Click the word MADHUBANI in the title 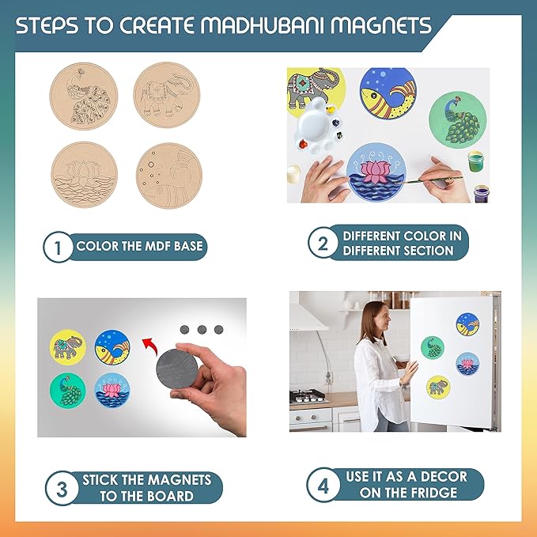coord(262,25)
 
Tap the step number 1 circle coord(58,247)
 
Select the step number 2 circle coord(323,243)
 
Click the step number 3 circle coord(62,488)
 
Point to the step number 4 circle coord(323,485)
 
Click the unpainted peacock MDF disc coord(84,96)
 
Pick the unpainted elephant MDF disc coord(167,95)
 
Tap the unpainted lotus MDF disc coord(85,175)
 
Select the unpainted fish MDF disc coord(169,176)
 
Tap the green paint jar coord(475,161)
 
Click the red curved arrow coord(150,346)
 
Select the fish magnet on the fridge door coord(467,324)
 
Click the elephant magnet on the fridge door coord(438,388)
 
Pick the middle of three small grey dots coord(202,330)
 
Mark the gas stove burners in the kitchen coord(308,395)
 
